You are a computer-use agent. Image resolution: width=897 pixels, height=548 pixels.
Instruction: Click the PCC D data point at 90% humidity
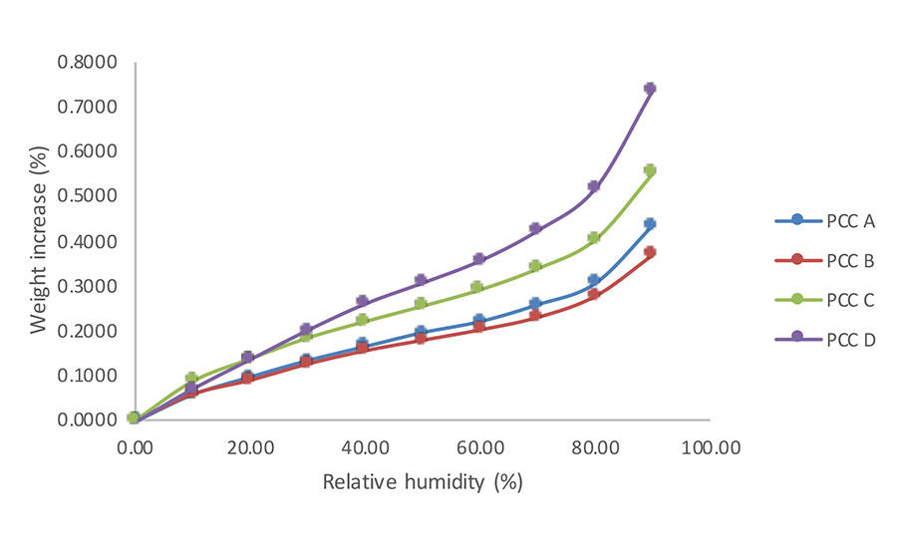tap(650, 89)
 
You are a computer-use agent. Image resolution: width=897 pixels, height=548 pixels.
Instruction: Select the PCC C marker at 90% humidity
tap(650, 170)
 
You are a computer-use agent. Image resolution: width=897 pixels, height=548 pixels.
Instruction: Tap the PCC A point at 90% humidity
tap(650, 224)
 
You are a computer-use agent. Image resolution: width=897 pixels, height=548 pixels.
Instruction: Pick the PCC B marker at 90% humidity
tap(650, 252)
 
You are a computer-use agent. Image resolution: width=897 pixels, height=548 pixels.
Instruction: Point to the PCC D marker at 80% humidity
tap(594, 186)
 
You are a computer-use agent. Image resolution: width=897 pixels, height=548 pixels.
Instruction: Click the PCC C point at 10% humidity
tap(191, 379)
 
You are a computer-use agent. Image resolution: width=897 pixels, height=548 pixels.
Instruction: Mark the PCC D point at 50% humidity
tap(421, 280)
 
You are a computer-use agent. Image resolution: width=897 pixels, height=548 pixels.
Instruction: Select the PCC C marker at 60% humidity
tap(478, 287)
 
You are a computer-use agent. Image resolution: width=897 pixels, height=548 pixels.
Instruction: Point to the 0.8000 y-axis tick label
tap(90, 63)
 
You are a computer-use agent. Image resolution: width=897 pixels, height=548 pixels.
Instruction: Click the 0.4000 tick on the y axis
tap(90, 241)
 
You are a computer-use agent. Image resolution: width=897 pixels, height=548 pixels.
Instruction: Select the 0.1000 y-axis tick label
tap(90, 376)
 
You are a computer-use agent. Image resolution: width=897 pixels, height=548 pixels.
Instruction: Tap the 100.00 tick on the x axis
tap(712, 448)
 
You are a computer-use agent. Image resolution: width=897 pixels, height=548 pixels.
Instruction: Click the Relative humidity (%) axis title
tap(423, 483)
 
